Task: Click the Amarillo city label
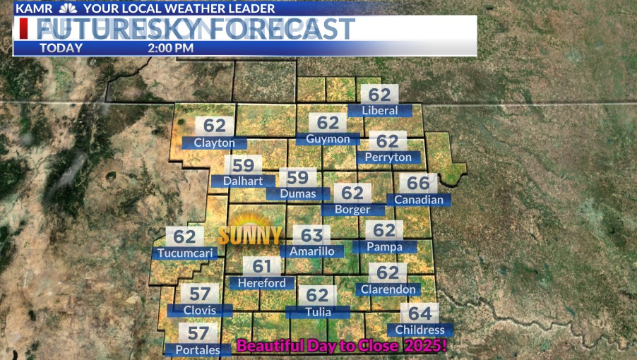tap(311, 251)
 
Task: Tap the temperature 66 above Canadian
tap(418, 184)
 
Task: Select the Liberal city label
tap(379, 110)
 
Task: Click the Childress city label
tap(420, 330)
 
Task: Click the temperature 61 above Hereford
tap(262, 267)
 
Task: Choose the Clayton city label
tap(214, 143)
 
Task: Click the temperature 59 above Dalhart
tap(243, 165)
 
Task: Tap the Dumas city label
tap(297, 193)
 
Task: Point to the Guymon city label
tap(328, 139)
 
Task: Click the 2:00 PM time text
tap(171, 49)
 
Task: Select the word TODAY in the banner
tap(61, 49)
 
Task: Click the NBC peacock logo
tap(68, 8)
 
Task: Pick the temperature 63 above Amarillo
tap(311, 234)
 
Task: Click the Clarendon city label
tap(388, 289)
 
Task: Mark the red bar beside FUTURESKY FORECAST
tap(24, 29)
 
